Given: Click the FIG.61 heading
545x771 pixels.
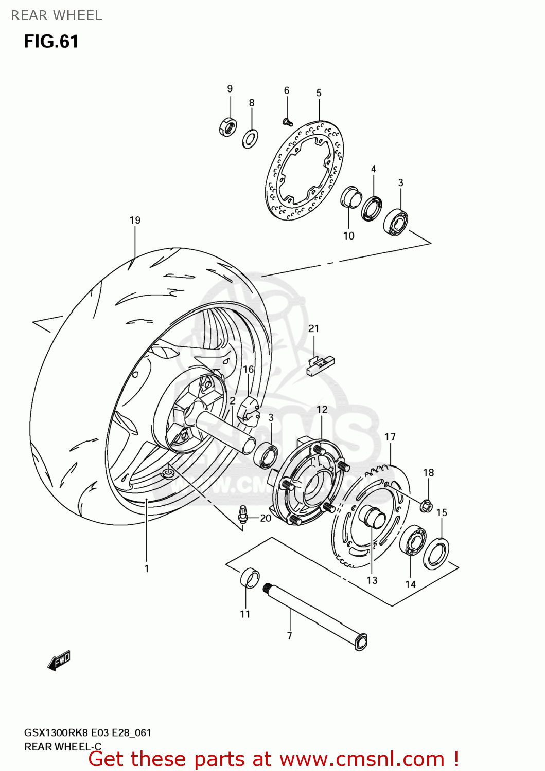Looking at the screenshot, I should click(x=51, y=41).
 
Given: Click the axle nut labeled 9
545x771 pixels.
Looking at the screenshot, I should click(x=228, y=127).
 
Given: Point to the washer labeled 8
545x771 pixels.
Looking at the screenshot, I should click(x=250, y=138).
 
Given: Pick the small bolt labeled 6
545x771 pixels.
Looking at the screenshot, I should click(x=288, y=122).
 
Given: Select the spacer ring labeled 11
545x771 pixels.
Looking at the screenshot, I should click(x=250, y=578).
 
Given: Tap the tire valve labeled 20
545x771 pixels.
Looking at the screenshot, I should click(x=243, y=513).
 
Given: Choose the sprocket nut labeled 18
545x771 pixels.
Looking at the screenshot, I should click(x=427, y=505).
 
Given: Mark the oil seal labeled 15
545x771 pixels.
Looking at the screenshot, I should click(x=436, y=553).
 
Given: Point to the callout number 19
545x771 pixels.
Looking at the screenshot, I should click(x=135, y=220).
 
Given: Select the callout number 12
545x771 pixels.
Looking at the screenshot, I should click(x=322, y=410).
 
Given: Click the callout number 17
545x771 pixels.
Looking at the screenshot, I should click(x=390, y=437).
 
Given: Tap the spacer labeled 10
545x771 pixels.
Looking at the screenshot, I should click(x=351, y=197).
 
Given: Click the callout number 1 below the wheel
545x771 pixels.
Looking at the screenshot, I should click(x=147, y=568).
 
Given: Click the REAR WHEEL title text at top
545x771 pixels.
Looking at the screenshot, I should click(x=57, y=15).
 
